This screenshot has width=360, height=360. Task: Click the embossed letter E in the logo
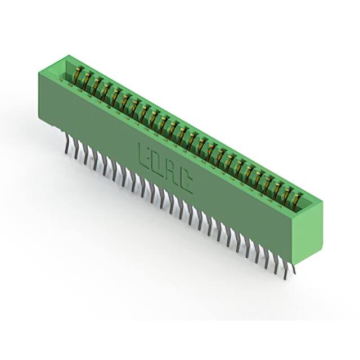pyautogui.click(x=145, y=154)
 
